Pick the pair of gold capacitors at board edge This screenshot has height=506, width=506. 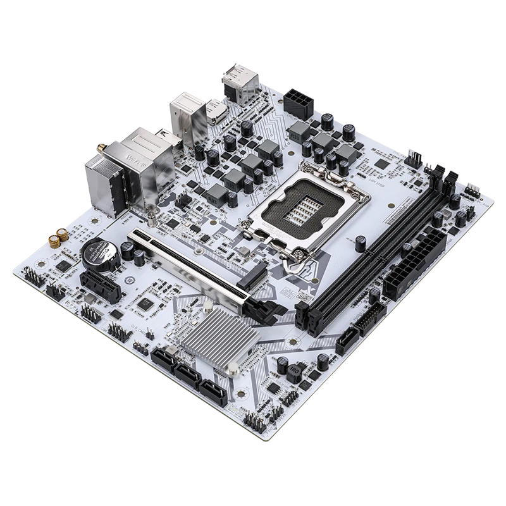point(55,238)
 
